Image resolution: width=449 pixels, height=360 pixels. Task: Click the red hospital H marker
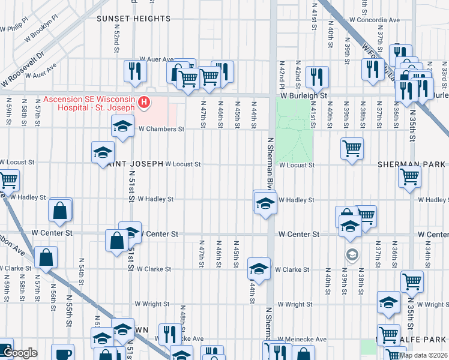pos(144,103)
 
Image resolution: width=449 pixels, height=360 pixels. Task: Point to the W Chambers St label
pos(160,128)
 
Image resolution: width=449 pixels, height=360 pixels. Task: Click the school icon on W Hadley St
pos(265,204)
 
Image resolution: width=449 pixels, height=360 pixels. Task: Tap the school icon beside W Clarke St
pos(259,268)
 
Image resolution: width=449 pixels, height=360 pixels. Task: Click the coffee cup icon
pos(62,353)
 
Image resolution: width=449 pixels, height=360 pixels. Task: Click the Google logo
pos(20,353)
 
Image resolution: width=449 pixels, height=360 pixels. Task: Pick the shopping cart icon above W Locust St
pos(351,148)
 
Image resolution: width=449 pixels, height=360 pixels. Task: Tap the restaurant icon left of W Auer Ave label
pos(132,71)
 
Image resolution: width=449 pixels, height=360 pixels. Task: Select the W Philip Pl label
pos(14,25)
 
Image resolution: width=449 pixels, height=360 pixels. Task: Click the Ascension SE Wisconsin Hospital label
pos(90,102)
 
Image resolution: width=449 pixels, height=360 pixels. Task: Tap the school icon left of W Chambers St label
pos(122,126)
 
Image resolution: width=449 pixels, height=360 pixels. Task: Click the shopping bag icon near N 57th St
pos(46,257)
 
